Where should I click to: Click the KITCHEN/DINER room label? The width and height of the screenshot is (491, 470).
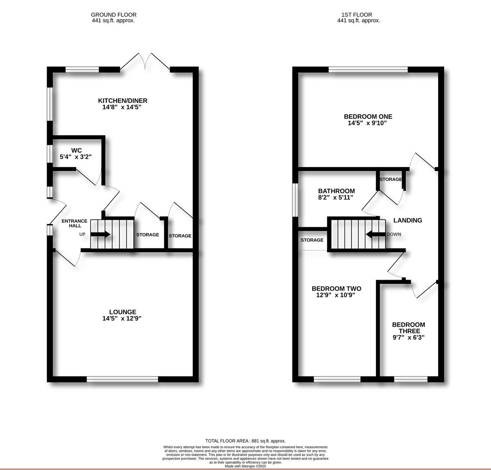click(122, 101)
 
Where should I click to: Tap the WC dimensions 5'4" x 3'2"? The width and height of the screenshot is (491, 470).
click(75, 156)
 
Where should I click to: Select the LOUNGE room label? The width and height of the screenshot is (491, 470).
click(122, 312)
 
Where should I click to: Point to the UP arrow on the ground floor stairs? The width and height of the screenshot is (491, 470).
click(100, 235)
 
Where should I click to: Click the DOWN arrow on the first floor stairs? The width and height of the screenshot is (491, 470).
click(374, 235)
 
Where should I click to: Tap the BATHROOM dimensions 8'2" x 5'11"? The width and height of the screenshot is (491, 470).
click(336, 197)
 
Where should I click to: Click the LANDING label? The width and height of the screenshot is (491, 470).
click(408, 220)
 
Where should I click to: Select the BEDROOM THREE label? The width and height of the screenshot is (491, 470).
click(408, 328)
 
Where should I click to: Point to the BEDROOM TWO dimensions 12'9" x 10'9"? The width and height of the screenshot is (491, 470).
click(336, 295)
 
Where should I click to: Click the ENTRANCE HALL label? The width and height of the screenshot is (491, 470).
click(74, 223)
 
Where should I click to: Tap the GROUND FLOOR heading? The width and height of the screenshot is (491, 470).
click(114, 15)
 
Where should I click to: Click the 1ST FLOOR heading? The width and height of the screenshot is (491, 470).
click(351, 15)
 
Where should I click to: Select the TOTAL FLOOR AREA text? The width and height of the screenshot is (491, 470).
click(245, 441)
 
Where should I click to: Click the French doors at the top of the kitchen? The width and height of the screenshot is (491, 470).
click(145, 61)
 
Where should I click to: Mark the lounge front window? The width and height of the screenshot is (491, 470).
click(122, 380)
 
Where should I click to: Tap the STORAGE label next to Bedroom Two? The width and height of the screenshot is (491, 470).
click(312, 240)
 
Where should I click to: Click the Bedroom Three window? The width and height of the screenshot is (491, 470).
click(410, 380)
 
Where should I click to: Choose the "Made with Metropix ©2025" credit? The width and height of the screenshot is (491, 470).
click(245, 466)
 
